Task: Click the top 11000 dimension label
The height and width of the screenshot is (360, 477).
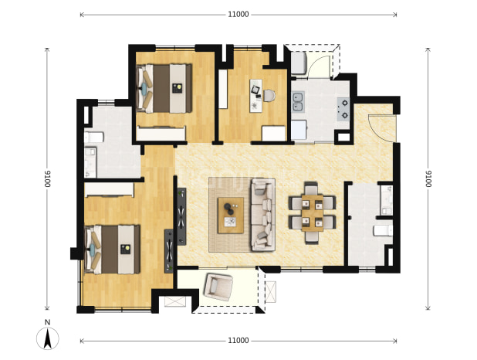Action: coord(238,15)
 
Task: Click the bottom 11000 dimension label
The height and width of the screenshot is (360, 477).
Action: coord(238,341)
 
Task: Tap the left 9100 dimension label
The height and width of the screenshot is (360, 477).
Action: coord(47,178)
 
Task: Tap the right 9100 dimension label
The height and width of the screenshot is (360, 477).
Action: coord(428,178)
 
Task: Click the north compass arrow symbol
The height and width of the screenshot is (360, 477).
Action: coord(47,338)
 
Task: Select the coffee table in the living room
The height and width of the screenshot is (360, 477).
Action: coord(231,216)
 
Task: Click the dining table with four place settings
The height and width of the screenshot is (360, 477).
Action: coord(312,213)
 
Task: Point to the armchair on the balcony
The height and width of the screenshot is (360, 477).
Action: coord(218,287)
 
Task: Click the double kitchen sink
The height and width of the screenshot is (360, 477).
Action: coord(298,102)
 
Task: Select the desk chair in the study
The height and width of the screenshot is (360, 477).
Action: coord(269,96)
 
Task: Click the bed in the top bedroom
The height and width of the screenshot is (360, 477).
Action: coord(164,88)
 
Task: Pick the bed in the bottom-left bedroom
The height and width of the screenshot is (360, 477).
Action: coord(113,250)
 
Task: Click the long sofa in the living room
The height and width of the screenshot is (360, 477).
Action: coord(263,215)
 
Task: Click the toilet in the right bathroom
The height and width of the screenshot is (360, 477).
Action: coord(383,230)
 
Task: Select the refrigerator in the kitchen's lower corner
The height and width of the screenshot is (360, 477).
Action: coord(299,130)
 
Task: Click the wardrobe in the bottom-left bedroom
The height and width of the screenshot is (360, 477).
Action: coord(109,190)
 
